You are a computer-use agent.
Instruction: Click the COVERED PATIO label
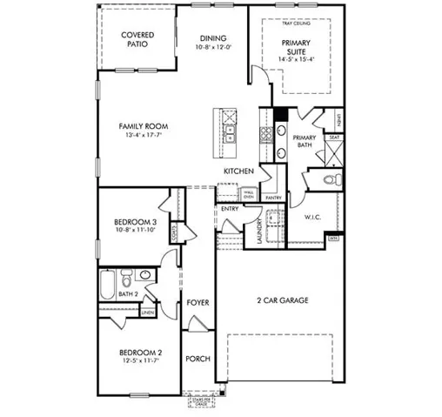coord(137,40)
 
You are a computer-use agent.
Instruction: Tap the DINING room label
coord(213,38)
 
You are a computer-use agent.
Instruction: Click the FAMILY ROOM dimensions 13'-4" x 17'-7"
coord(139,135)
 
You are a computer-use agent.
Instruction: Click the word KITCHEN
coord(238,172)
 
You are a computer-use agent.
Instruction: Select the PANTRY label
coord(273,198)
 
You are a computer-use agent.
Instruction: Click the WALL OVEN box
coord(249,194)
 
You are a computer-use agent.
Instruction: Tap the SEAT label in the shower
coord(333,137)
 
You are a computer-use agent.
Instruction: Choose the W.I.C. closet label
coord(314,217)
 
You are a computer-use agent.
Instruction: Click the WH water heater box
coord(333,237)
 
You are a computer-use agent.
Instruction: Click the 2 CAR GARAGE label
coord(283,301)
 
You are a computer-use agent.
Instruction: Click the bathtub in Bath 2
coord(107,285)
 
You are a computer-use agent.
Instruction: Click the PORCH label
coord(198,359)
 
